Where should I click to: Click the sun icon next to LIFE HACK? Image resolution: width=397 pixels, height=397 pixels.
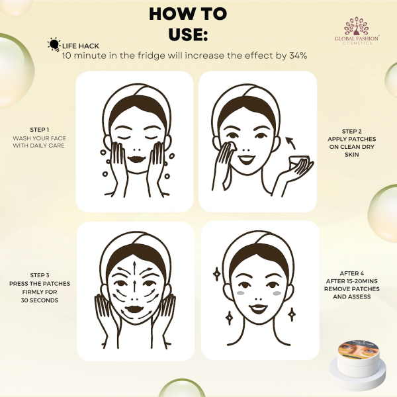pos(53,45)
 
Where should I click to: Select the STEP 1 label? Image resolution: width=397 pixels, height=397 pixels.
pos(38,130)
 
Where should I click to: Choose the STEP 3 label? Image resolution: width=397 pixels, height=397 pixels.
pos(38,275)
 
